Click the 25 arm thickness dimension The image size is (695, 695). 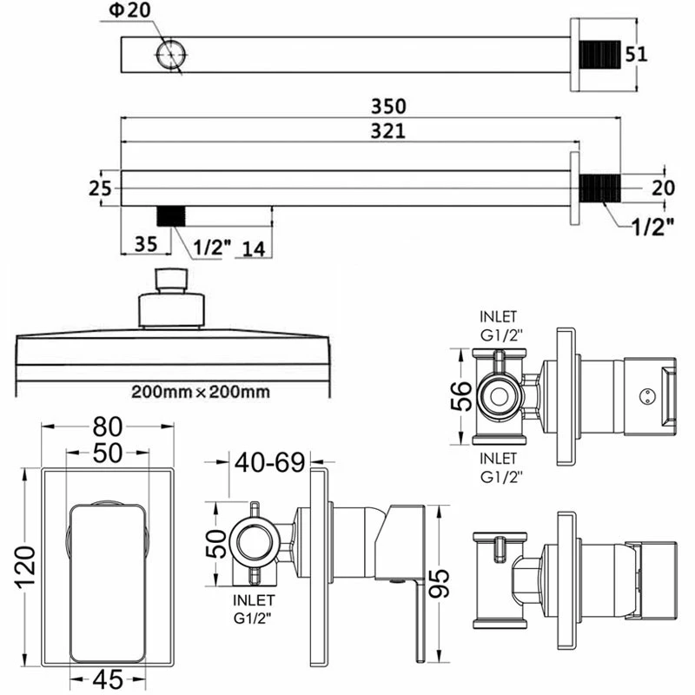click(101, 188)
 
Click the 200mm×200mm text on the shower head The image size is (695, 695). click(200, 391)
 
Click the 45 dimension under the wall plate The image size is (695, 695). click(107, 678)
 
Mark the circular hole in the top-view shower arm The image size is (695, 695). click(170, 54)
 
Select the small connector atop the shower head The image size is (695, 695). click(171, 281)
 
